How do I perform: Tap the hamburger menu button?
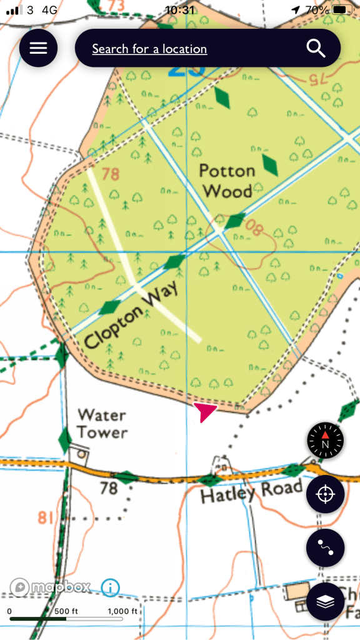tap(38, 48)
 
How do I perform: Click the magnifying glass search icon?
tap(316, 48)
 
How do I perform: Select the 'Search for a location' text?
tap(149, 49)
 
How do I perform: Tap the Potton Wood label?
tap(227, 181)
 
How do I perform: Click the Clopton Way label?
tap(131, 315)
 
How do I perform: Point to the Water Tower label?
tap(102, 423)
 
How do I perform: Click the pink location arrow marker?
tap(204, 411)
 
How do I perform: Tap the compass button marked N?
tap(325, 441)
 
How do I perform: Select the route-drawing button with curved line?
tap(325, 547)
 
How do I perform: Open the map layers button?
tap(325, 601)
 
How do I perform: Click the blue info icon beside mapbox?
tap(110, 587)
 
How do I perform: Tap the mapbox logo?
tap(50, 587)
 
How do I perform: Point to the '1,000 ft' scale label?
tap(122, 611)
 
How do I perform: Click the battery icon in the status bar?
tap(341, 10)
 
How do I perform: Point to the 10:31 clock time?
tap(180, 10)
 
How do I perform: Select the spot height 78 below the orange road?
tap(109, 487)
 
